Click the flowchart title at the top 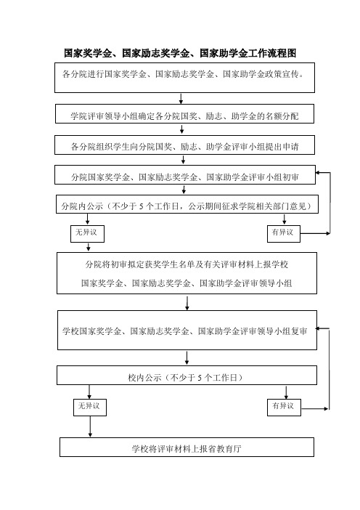[x=180, y=53]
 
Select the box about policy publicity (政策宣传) [x=184, y=78]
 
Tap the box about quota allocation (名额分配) [x=184, y=113]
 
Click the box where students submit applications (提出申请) [x=184, y=145]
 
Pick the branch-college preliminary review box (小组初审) [x=185, y=174]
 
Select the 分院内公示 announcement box [x=187, y=204]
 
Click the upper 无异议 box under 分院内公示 [x=87, y=234]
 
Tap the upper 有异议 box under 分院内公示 [x=284, y=234]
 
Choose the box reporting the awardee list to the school [x=187, y=273]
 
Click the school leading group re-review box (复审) [x=187, y=330]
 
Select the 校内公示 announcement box [x=187, y=376]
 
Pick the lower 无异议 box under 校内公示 [x=90, y=408]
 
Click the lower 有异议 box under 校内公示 [x=284, y=408]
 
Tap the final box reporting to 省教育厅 [x=187, y=448]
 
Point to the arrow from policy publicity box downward [x=181, y=99]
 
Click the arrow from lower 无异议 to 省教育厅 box [x=90, y=426]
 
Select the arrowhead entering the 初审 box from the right [x=318, y=173]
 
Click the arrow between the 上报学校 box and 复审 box [x=187, y=302]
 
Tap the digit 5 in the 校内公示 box [x=200, y=378]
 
